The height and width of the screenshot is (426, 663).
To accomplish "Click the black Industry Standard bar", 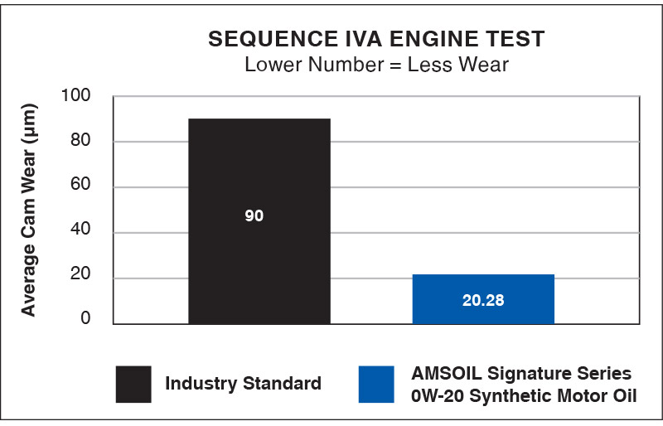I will tap(259, 166).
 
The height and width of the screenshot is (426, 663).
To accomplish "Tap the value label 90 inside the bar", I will tap(254, 216).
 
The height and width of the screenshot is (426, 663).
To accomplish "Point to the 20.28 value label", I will tap(483, 300).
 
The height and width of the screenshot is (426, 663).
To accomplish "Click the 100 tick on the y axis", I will tap(77, 97).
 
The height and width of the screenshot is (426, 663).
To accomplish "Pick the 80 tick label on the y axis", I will tap(81, 142).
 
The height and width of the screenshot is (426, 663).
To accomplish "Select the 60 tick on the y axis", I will tap(81, 187).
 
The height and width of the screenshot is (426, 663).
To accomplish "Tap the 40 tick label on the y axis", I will tap(81, 233).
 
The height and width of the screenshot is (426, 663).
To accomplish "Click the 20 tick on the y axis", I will tap(81, 278).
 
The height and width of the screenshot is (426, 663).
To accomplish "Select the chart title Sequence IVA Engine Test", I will tap(376, 40).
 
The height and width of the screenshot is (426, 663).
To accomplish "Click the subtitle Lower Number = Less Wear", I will tap(376, 65).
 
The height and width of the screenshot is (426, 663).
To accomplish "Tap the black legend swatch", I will tap(133, 384).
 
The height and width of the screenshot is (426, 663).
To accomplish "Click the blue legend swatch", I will tap(376, 384).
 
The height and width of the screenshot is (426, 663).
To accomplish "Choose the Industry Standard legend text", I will tap(243, 384).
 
